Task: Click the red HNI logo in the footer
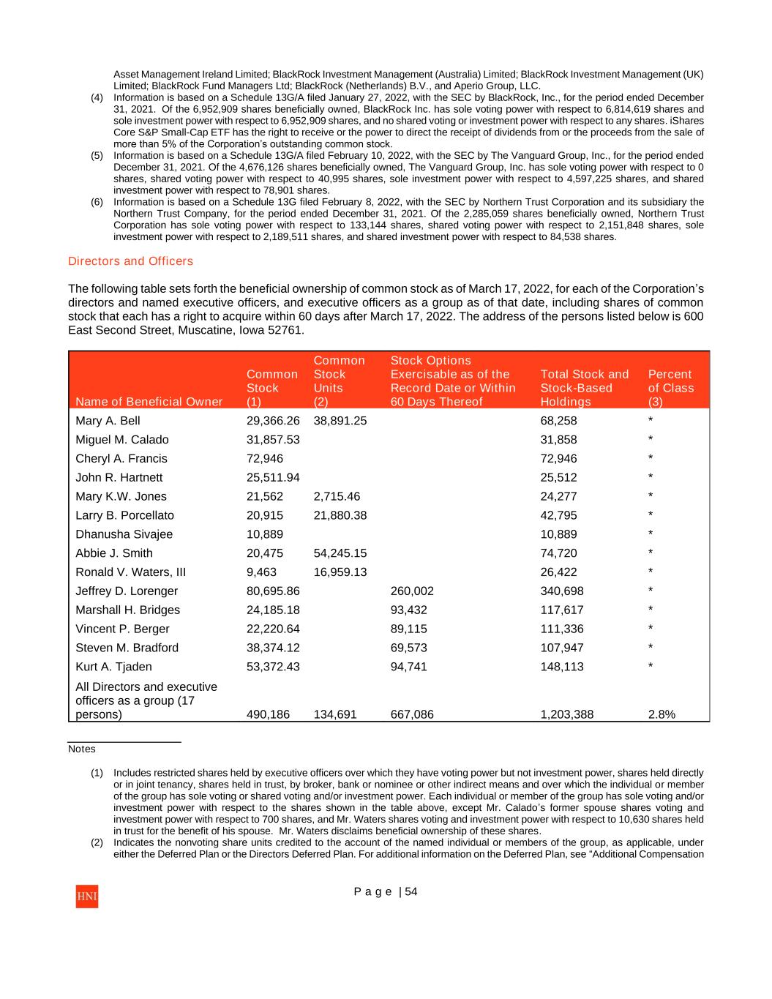pyautogui.click(x=86, y=897)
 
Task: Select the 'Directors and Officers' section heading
pyautogui.click(x=130, y=261)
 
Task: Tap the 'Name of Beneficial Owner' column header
pyautogui.click(x=149, y=402)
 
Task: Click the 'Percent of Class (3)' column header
pyautogui.click(x=670, y=388)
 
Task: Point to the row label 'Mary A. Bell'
pyautogui.click(x=108, y=421)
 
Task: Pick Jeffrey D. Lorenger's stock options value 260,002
pyautogui.click(x=412, y=591)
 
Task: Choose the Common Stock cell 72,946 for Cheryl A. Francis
pyautogui.click(x=265, y=459)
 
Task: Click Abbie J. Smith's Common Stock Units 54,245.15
pyautogui.click(x=340, y=553)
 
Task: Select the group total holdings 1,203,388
pyautogui.click(x=566, y=715)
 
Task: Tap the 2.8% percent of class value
pyautogui.click(x=662, y=715)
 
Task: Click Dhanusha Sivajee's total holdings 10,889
pyautogui.click(x=558, y=534)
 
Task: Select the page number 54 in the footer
pyautogui.click(x=411, y=891)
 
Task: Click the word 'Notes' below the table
pyautogui.click(x=82, y=749)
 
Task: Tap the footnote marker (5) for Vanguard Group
pyautogui.click(x=97, y=156)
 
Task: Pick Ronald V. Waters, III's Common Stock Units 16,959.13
pyautogui.click(x=340, y=572)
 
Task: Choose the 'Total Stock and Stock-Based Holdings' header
pyautogui.click(x=584, y=388)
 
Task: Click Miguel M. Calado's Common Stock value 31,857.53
pyautogui.click(x=273, y=440)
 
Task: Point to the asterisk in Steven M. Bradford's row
pyautogui.click(x=651, y=648)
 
